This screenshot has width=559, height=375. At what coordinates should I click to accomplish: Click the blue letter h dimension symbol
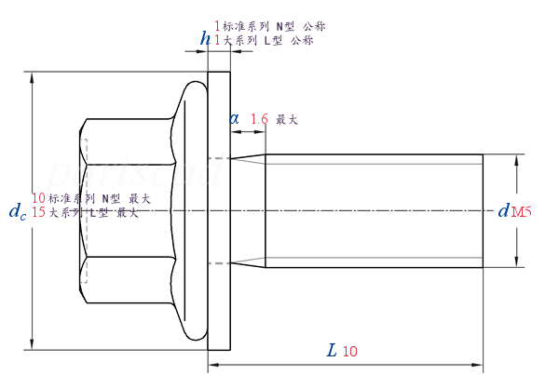(x=205, y=39)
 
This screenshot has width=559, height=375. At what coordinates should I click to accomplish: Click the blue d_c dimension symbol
(x=17, y=212)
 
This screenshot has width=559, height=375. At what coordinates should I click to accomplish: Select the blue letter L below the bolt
(x=332, y=351)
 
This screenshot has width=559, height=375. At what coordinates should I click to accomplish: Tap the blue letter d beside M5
(x=503, y=211)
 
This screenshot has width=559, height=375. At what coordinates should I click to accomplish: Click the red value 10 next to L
(x=350, y=352)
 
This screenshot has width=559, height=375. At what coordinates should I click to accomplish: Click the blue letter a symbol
(x=234, y=118)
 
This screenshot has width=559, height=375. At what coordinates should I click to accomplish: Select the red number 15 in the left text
(x=39, y=212)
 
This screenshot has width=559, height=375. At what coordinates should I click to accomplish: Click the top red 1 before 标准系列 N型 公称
(x=218, y=26)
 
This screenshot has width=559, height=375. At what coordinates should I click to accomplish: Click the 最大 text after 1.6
(x=287, y=119)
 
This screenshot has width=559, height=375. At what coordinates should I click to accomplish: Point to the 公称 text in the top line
(x=315, y=26)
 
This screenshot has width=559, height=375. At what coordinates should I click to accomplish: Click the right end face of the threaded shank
(x=483, y=211)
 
